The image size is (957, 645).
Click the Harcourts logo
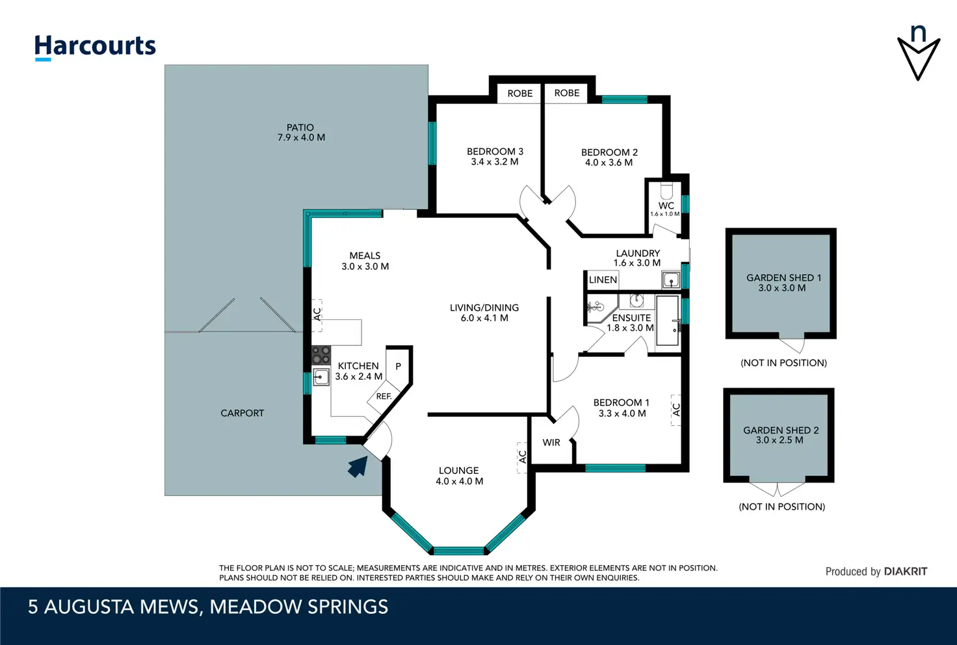point(95,47)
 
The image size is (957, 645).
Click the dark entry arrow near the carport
point(358,466)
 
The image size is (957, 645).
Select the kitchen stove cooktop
point(321,354)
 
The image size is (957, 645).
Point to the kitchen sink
point(321,376)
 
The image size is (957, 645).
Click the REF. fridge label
point(384,397)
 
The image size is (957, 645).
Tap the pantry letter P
point(398,367)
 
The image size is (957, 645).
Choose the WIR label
point(551,443)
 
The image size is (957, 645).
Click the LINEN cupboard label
point(603,280)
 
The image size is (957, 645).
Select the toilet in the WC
point(666,191)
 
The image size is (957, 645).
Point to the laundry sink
point(671,280)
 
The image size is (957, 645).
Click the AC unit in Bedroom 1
point(675,410)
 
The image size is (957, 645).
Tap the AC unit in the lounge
point(521,458)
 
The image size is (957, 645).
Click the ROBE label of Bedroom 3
point(520,94)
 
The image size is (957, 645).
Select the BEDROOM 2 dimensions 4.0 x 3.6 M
point(609,163)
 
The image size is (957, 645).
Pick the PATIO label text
point(300,127)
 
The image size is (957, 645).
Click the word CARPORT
point(243,413)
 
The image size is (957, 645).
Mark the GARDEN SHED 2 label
point(781,430)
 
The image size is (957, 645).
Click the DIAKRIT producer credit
point(906,571)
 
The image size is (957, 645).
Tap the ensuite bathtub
point(667,321)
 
